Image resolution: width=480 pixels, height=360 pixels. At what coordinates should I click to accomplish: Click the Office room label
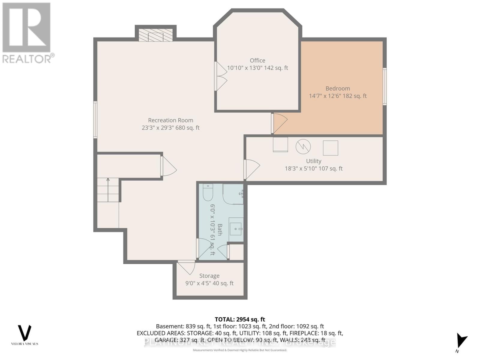257,61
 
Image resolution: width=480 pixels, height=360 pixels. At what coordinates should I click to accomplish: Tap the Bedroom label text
338,88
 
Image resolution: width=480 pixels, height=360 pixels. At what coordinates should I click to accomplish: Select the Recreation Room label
170,120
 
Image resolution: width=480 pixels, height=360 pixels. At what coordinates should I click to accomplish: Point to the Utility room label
313,161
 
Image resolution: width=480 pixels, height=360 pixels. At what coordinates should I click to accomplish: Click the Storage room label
209,276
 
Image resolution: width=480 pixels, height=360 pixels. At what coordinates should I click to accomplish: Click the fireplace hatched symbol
155,35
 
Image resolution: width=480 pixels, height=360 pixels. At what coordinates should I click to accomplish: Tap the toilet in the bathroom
208,193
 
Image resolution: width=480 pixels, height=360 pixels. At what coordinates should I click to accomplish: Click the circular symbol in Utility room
303,147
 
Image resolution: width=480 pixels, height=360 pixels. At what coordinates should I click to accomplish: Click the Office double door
220,76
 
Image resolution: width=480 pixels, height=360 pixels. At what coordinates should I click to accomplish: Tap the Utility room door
251,169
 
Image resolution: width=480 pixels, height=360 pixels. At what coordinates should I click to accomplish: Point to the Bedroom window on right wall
385,86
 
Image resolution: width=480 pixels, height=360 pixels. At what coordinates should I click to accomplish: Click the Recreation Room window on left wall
95,120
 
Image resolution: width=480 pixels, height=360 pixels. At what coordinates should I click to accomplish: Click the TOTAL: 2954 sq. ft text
240,319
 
